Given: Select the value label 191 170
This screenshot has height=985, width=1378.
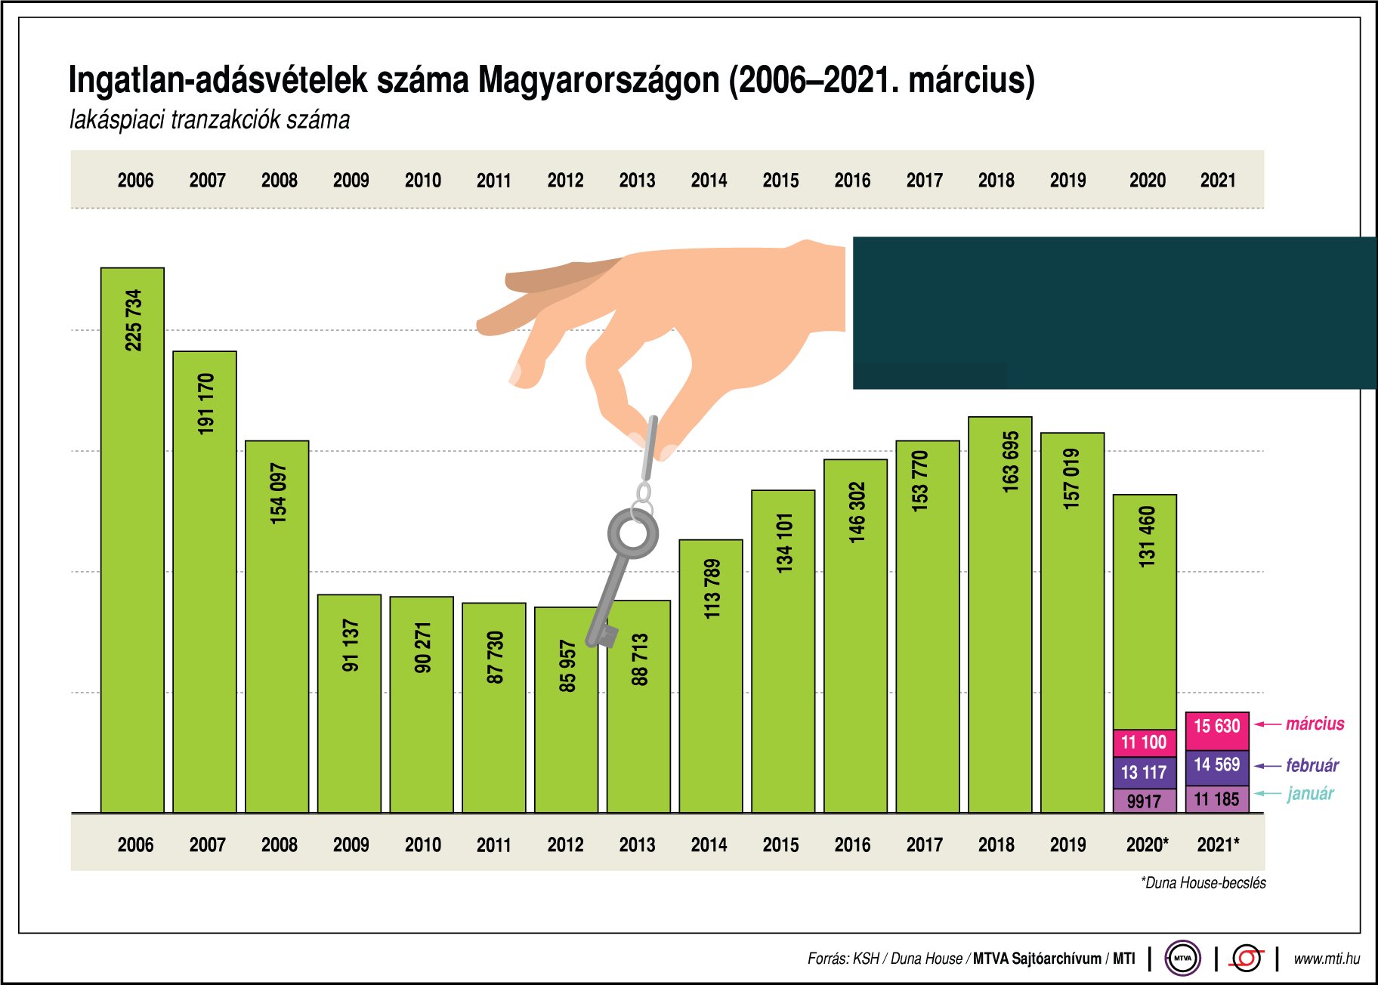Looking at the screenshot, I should coord(205,404).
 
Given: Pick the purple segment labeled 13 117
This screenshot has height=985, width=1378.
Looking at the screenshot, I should coord(1144,773).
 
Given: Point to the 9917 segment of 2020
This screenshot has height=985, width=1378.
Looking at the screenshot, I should coord(1144,801).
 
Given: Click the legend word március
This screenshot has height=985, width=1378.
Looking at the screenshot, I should coord(1315,724).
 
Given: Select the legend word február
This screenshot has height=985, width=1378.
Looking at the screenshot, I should coord(1312,765).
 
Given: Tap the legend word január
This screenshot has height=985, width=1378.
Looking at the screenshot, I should coord(1310,794).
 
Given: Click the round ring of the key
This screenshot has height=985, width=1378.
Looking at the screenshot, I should coord(632,533).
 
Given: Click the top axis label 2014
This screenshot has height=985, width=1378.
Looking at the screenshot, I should coord(709,181).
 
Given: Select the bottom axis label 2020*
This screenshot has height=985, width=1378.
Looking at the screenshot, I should coord(1147,845).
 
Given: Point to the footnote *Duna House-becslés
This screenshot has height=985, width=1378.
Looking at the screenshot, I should coord(1203,882).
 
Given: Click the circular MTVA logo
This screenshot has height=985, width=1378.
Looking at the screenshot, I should coord(1182,958).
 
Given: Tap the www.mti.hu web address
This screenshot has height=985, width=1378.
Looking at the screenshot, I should coord(1326,959).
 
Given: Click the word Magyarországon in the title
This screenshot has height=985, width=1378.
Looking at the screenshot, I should coord(598,80).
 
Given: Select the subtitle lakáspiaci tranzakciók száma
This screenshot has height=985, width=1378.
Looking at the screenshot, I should coord(209,120).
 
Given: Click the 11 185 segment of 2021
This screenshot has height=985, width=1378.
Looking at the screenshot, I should coord(1216,799).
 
